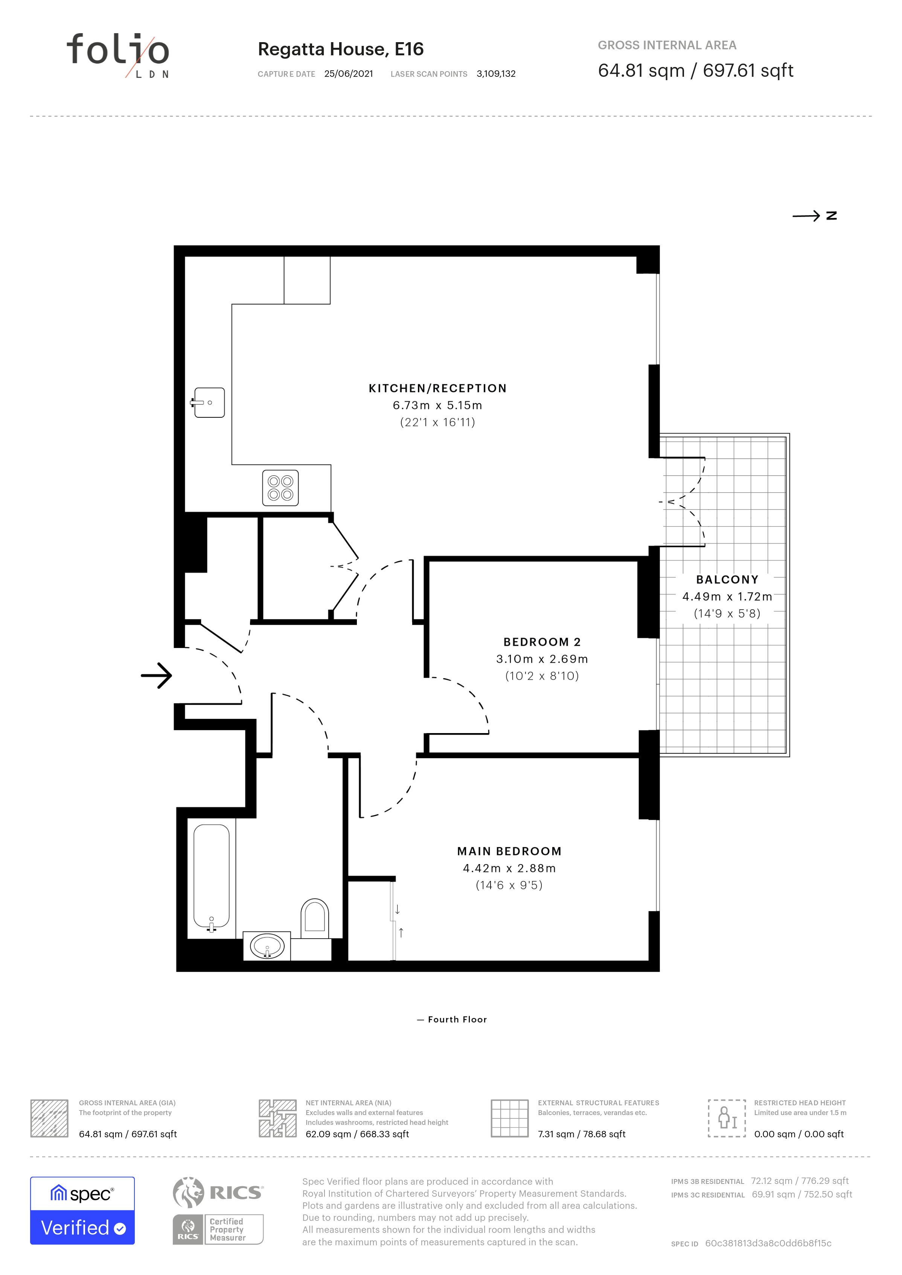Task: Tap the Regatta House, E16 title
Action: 340,49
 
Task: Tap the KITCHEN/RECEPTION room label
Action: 438,388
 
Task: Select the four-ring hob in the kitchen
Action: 280,488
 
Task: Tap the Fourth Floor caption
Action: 457,1019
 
